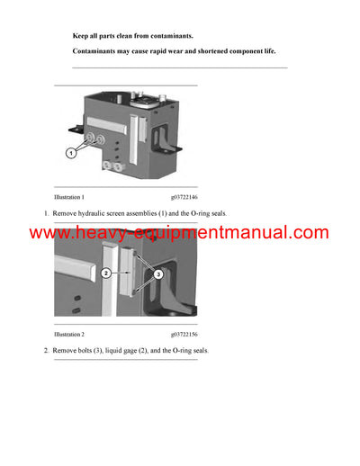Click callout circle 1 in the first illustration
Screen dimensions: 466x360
pyautogui.click(x=70, y=154)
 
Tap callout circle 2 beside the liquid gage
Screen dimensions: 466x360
pyautogui.click(x=106, y=273)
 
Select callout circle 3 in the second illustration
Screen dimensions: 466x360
pyautogui.click(x=158, y=273)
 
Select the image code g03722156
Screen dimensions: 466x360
pyautogui.click(x=184, y=333)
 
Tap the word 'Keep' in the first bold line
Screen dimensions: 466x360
pyautogui.click(x=80, y=35)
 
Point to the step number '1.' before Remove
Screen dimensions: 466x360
pyautogui.click(x=47, y=213)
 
